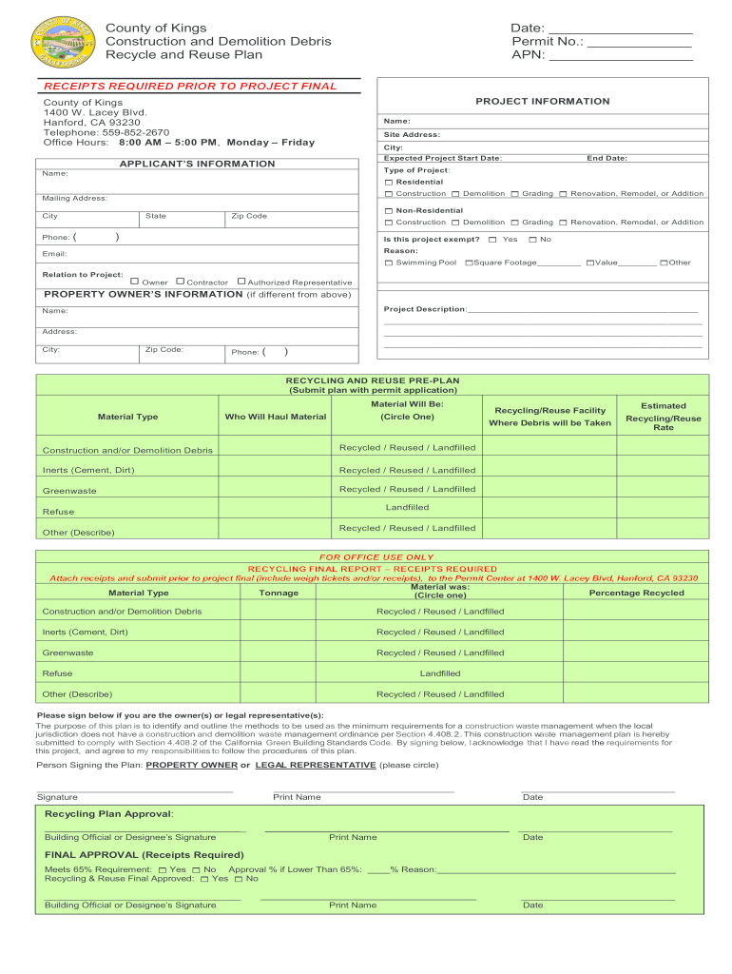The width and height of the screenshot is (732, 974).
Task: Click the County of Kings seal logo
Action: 64,43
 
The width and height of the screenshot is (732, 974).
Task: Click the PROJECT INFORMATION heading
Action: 543,102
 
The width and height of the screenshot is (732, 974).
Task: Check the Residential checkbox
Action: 388,182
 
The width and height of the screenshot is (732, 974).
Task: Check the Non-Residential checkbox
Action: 388,210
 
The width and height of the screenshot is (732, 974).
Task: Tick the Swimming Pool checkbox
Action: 388,263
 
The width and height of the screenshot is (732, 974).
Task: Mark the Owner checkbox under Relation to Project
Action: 135,282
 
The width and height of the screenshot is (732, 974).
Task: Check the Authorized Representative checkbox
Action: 241,282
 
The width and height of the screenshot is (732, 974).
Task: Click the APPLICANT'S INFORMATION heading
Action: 197,165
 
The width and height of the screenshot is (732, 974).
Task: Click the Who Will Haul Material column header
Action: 275,417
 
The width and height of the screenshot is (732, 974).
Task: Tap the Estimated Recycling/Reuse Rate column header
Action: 663,417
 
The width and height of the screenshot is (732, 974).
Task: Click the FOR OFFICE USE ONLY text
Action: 376,557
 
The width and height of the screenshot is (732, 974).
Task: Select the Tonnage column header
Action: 279,593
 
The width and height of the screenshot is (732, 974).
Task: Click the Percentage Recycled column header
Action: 636,593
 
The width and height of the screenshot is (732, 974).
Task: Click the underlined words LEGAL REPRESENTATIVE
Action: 316,765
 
